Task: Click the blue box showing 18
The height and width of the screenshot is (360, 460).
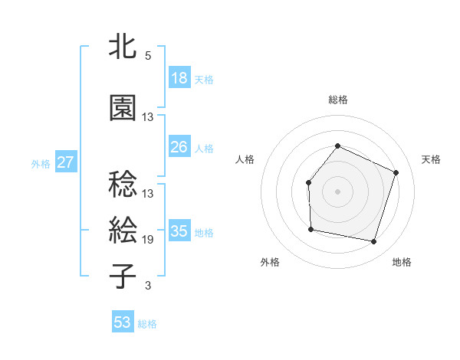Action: pos(179,78)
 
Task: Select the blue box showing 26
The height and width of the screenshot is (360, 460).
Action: pos(179,146)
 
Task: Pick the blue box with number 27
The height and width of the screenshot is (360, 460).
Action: pos(66,162)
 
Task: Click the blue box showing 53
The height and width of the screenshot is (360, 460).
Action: pos(123,322)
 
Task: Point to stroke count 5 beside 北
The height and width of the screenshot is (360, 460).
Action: pos(148,56)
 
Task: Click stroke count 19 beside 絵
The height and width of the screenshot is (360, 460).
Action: pos(148,240)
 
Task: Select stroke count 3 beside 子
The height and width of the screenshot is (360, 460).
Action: pos(148,286)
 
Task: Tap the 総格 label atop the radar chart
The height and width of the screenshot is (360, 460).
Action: pos(337,100)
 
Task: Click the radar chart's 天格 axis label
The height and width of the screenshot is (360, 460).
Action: pos(431,159)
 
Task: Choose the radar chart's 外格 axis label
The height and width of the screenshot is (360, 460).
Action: pos(270,262)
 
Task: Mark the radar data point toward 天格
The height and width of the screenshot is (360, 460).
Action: pos(396,172)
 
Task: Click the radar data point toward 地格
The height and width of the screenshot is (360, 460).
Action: pos(374,242)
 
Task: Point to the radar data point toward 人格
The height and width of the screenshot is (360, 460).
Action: pos(308,182)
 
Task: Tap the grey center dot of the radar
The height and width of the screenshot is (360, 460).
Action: pos(337,191)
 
